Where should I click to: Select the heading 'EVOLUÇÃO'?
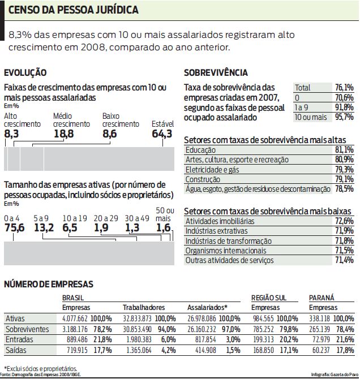(25, 72)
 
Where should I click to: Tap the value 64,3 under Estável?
(162, 133)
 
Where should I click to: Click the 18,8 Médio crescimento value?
(63, 133)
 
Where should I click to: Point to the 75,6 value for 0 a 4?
(15, 227)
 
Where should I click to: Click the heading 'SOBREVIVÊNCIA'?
(216, 72)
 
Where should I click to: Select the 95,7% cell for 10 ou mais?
(344, 117)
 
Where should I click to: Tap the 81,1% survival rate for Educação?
(344, 149)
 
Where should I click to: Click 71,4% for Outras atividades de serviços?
(344, 260)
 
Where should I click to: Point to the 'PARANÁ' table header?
(321, 298)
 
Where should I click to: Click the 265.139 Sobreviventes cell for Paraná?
(320, 329)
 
